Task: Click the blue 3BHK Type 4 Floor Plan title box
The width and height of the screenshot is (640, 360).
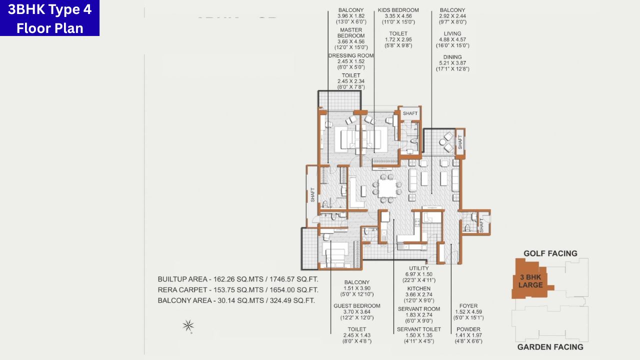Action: pyautogui.click(x=49, y=18)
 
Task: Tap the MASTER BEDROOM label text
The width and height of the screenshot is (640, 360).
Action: pyautogui.click(x=350, y=33)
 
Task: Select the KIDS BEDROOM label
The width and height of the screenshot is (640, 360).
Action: pyautogui.click(x=398, y=10)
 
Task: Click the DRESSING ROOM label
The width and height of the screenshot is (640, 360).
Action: pyautogui.click(x=351, y=55)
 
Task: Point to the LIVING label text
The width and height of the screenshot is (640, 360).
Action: pyautogui.click(x=452, y=33)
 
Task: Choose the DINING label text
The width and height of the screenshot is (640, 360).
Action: pyautogui.click(x=452, y=57)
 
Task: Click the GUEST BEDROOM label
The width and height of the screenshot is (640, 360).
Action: pyautogui.click(x=356, y=306)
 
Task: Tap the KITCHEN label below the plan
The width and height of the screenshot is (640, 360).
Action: pyautogui.click(x=418, y=288)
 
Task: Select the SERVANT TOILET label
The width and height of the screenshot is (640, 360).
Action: pyautogui.click(x=418, y=329)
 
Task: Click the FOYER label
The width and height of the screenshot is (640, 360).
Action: pyautogui.click(x=468, y=306)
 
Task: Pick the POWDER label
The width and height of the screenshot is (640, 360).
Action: pyautogui.click(x=468, y=329)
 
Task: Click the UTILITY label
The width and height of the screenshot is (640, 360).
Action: pyautogui.click(x=418, y=268)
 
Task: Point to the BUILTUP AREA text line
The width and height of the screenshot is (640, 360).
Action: pyautogui.click(x=237, y=279)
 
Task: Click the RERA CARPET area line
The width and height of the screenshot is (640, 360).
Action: pyautogui.click(x=237, y=290)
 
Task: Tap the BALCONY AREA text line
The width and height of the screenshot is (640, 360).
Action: pyautogui.click(x=236, y=300)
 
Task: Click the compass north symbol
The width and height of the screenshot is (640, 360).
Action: pyautogui.click(x=188, y=326)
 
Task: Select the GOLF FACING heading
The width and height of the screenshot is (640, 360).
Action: pyautogui.click(x=550, y=253)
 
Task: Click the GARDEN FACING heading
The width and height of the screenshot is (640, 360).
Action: pyautogui.click(x=550, y=347)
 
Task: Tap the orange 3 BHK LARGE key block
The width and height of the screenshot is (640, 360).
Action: pyautogui.click(x=531, y=280)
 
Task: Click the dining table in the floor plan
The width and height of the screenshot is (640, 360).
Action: pyautogui.click(x=386, y=188)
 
